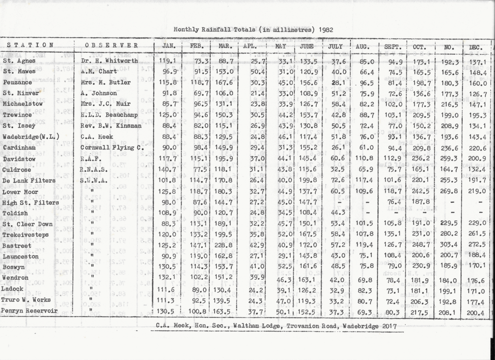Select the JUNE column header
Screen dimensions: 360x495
pos(306,46)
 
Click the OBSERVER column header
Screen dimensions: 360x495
pos(112,45)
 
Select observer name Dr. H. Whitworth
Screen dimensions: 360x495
pos(109,61)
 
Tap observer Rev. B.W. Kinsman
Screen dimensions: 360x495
pos(111,126)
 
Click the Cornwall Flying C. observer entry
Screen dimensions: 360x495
pos(112,148)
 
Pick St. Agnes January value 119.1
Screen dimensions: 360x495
pos(167,61)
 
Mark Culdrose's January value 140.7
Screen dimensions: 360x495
pos(167,169)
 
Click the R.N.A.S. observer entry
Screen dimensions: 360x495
pos(90,170)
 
